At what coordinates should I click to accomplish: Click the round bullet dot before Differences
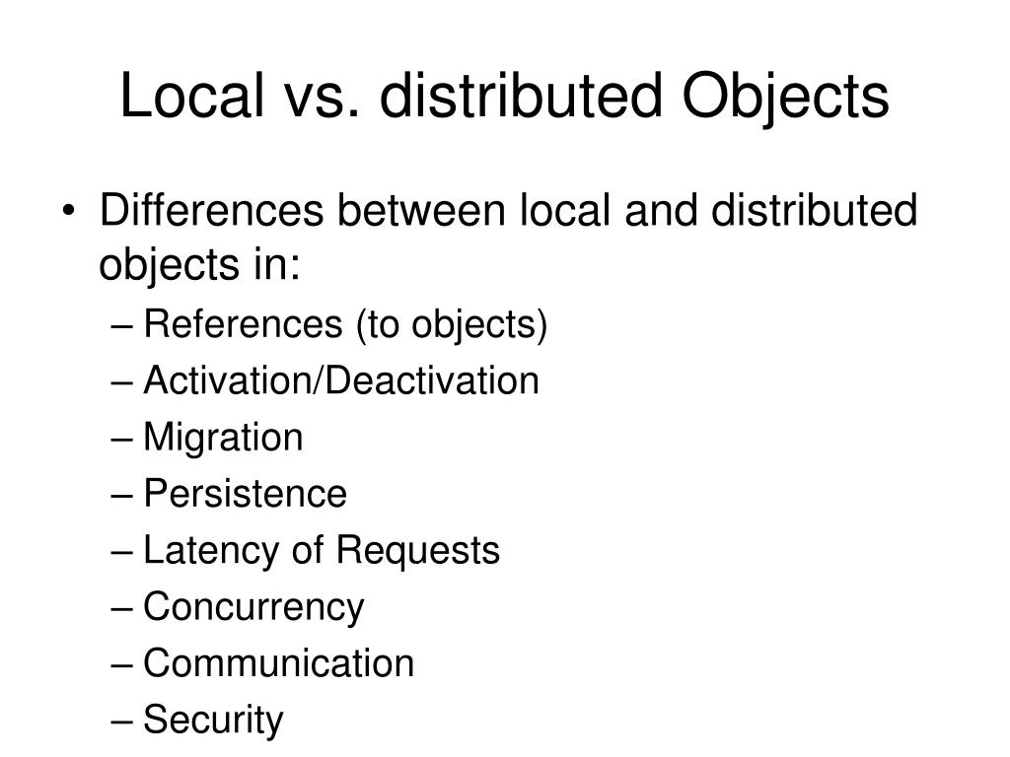(77, 213)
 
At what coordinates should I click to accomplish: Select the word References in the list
(241, 324)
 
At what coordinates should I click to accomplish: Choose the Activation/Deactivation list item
(341, 380)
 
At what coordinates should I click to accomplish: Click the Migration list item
(223, 438)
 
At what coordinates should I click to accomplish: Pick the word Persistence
(245, 494)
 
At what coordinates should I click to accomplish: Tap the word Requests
(418, 550)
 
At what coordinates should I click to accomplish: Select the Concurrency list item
(253, 607)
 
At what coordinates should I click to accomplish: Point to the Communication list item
(279, 663)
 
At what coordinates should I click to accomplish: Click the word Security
(213, 721)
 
